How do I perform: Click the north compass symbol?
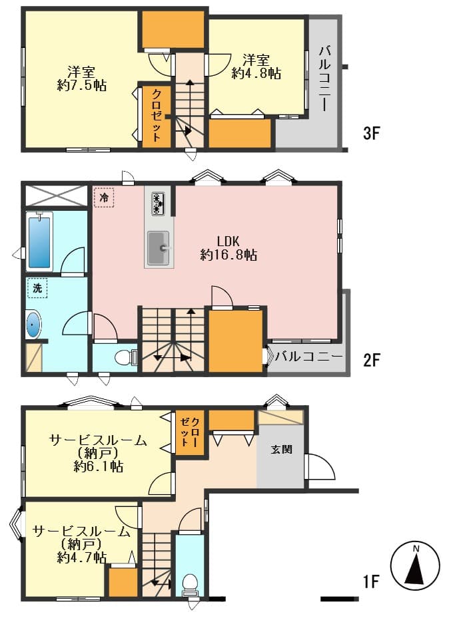click(414, 565)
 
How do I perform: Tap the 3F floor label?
click(371, 133)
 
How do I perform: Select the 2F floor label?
click(371, 360)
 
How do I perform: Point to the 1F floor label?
click(371, 581)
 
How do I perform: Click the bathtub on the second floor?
click(39, 241)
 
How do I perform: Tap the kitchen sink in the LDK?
click(159, 248)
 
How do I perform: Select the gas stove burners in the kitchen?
click(158, 203)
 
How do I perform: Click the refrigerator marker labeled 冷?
click(104, 197)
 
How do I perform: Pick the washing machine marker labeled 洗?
click(37, 288)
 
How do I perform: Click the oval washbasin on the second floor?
click(33, 325)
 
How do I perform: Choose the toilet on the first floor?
click(190, 585)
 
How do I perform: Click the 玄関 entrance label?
click(282, 449)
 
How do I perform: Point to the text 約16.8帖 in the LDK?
click(229, 255)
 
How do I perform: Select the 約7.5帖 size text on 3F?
click(82, 85)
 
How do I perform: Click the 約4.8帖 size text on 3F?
click(256, 73)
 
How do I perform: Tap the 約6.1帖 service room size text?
click(99, 466)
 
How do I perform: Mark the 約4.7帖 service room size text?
click(82, 557)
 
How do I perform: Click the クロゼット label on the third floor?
click(157, 116)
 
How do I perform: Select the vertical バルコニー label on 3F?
click(324, 78)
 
